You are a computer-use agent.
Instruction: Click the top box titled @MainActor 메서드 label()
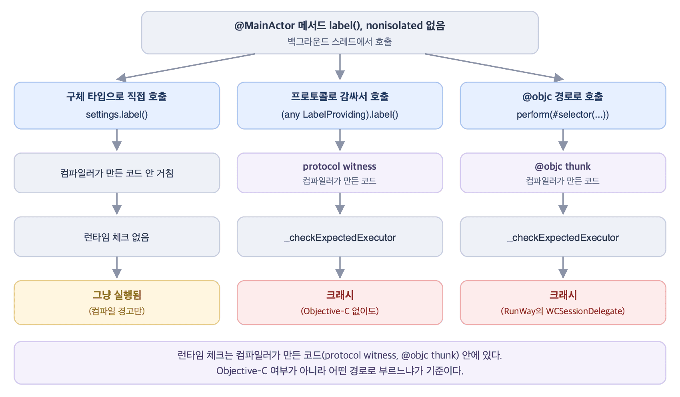(x=340, y=33)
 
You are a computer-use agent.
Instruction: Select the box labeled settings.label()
(x=117, y=105)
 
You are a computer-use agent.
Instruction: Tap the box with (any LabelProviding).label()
(x=340, y=105)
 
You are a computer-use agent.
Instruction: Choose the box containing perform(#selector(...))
(x=563, y=105)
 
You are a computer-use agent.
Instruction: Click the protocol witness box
(x=340, y=173)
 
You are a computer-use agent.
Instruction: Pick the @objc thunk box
(x=563, y=173)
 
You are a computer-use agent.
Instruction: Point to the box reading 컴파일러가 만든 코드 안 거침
(x=117, y=173)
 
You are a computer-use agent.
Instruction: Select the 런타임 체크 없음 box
(x=117, y=237)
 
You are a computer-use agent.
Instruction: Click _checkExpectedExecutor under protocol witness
(x=340, y=237)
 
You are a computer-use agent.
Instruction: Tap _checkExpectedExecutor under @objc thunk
(x=563, y=237)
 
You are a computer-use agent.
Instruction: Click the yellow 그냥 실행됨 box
(x=117, y=303)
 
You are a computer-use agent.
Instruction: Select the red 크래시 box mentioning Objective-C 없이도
(x=340, y=303)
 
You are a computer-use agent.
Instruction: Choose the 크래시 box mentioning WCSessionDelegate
(x=563, y=303)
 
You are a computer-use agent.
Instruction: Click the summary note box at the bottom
(x=340, y=363)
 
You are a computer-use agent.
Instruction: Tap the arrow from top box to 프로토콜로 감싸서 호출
(x=340, y=67)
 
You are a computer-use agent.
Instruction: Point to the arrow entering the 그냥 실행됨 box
(x=117, y=268)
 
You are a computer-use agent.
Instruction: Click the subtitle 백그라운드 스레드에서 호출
(x=340, y=41)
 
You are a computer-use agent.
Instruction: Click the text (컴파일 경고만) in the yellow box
(x=117, y=311)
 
